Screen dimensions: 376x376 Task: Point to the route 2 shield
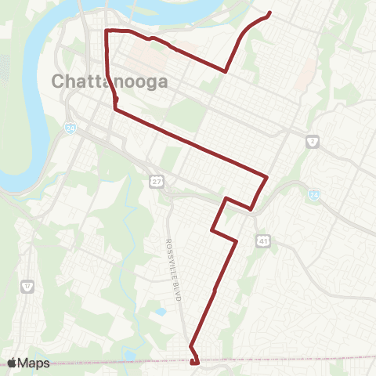pyautogui.click(x=312, y=141)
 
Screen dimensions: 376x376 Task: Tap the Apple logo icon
pyautogui.click(x=13, y=363)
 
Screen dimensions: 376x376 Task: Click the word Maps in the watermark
pyautogui.click(x=34, y=363)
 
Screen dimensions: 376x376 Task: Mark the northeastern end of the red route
pyautogui.click(x=269, y=13)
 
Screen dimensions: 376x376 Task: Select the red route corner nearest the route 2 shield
pyautogui.click(x=267, y=177)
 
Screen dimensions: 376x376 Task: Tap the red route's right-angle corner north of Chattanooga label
pyautogui.click(x=107, y=30)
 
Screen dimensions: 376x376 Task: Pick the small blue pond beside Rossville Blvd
pyautogui.click(x=161, y=312)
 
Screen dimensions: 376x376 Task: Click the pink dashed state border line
pyautogui.click(x=298, y=360)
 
